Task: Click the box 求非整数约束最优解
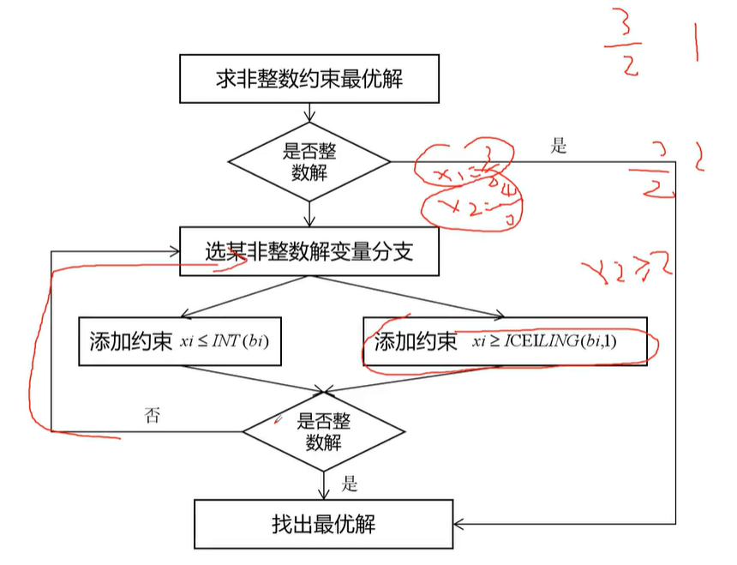pos(309,79)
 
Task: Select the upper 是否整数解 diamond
pos(309,161)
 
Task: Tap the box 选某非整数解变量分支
pos(309,251)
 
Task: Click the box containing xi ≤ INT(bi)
pos(180,341)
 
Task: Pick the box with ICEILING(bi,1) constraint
pos(505,342)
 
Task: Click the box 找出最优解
pos(323,523)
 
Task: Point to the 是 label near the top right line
pos(559,146)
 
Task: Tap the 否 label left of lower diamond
pos(153,416)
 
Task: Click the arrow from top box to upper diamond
pos(309,112)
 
